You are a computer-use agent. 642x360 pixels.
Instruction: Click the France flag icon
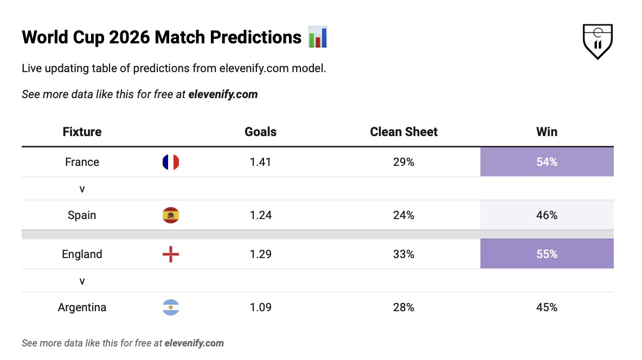[x=171, y=162]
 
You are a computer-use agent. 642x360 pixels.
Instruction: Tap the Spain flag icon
[x=171, y=215]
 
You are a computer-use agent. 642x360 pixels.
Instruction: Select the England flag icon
[x=171, y=254]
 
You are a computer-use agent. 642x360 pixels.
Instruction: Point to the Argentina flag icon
[x=171, y=307]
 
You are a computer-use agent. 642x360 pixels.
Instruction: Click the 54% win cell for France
[x=547, y=162]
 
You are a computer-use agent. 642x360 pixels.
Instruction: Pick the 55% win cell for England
[x=547, y=254]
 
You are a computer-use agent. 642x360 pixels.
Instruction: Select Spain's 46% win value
[x=547, y=215]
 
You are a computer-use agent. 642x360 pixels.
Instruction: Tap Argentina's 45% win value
[x=547, y=307]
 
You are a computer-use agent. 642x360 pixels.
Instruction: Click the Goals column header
[x=260, y=132]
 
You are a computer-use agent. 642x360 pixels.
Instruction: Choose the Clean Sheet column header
[x=404, y=132]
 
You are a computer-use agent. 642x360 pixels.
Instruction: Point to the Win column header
[x=547, y=132]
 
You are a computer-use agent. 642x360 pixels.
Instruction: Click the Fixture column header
[x=82, y=132]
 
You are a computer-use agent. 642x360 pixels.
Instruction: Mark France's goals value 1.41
[x=260, y=162]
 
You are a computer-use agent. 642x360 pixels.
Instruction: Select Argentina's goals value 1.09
[x=260, y=307]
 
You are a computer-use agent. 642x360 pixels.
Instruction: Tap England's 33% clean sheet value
[x=404, y=254]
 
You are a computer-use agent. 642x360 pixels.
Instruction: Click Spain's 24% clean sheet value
[x=404, y=215]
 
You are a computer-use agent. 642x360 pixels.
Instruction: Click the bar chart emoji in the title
[x=318, y=37]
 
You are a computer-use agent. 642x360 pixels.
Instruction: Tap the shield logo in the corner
[x=598, y=41]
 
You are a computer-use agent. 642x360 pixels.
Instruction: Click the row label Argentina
[x=82, y=307]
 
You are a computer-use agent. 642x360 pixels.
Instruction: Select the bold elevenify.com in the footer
[x=194, y=343]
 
